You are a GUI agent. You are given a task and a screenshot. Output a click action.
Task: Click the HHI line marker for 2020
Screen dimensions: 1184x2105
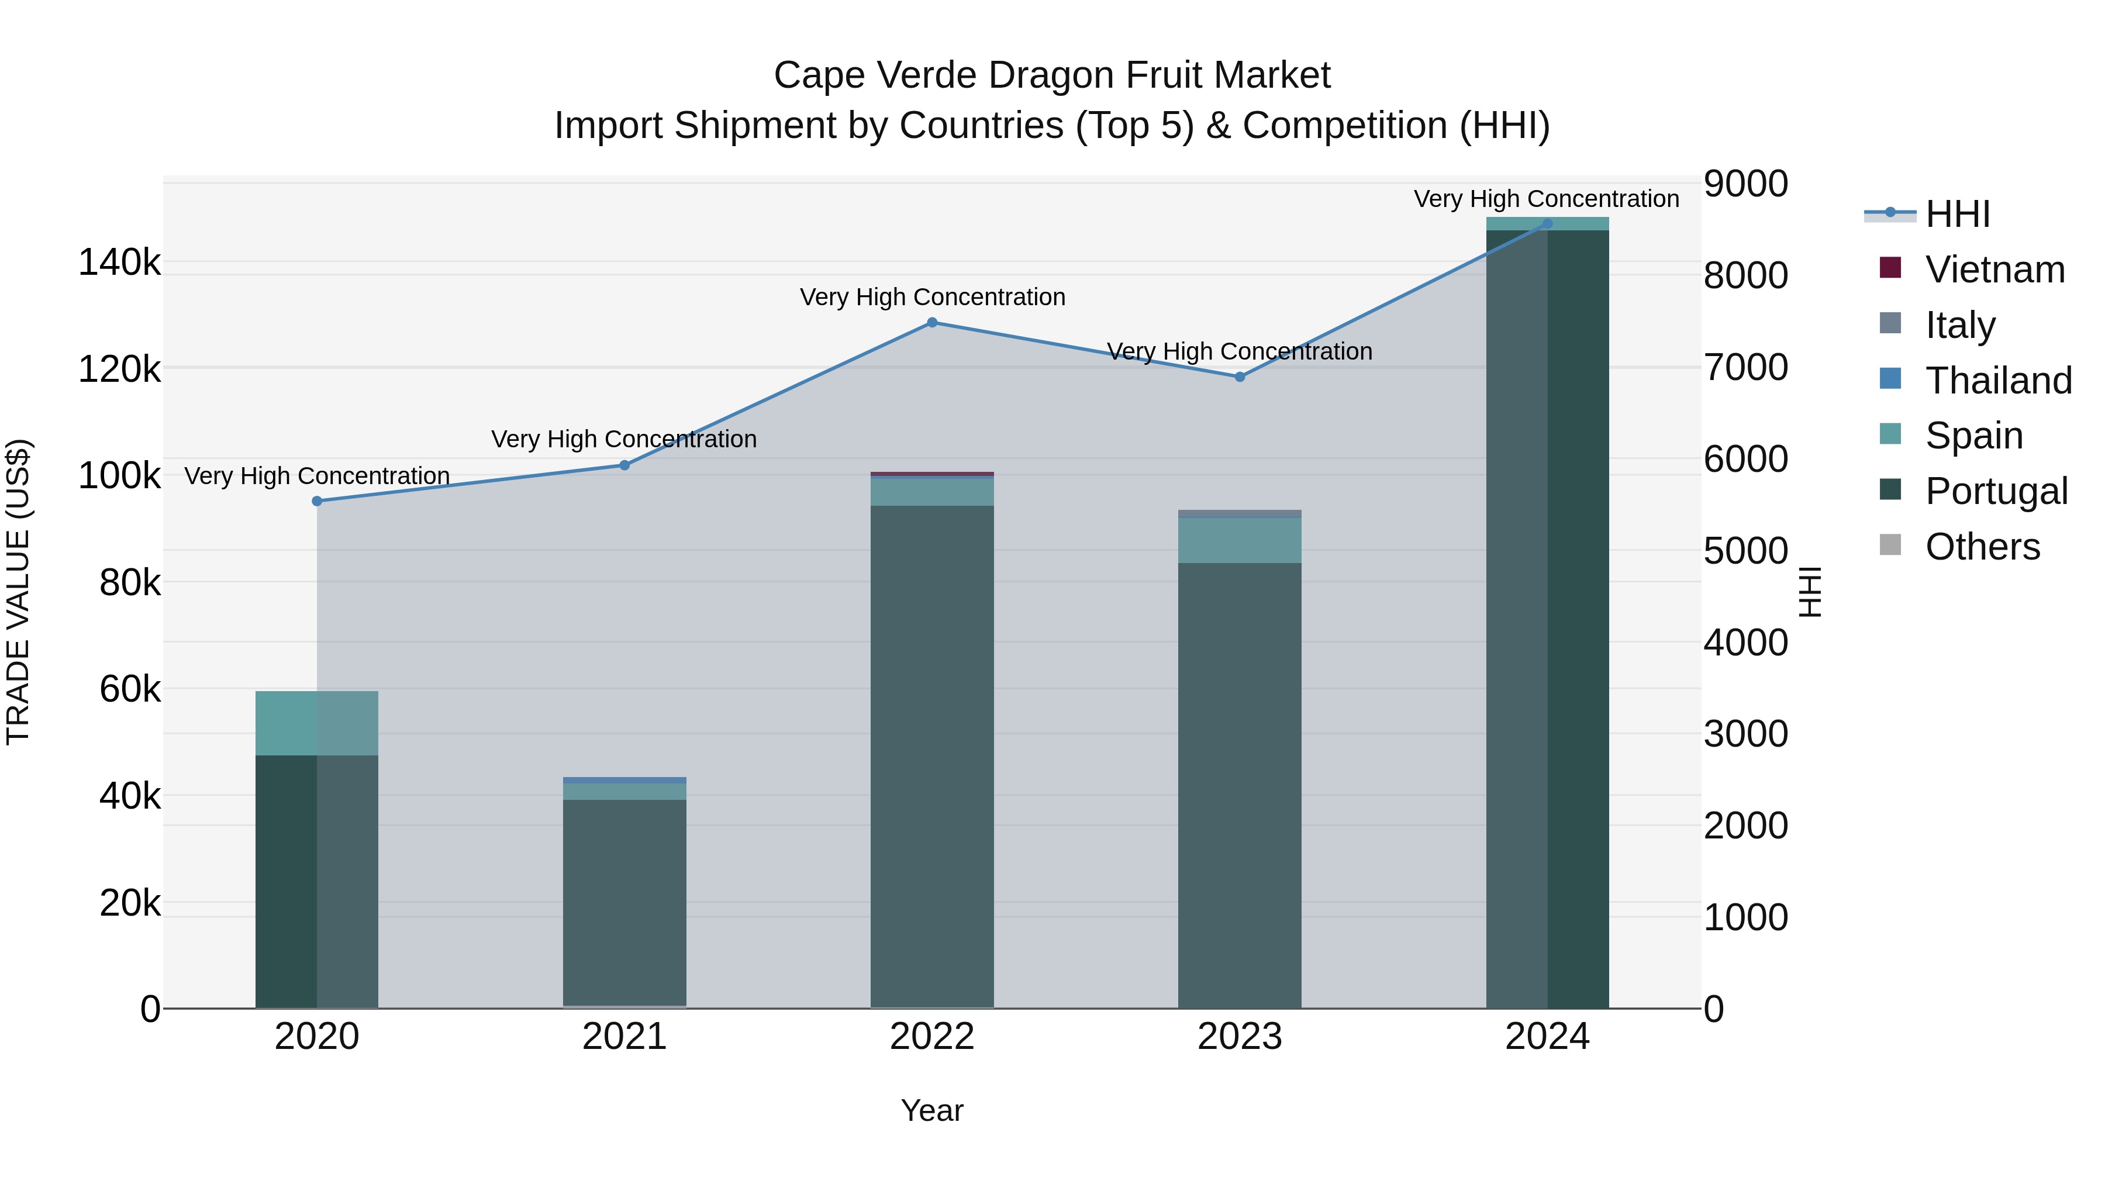[x=317, y=501]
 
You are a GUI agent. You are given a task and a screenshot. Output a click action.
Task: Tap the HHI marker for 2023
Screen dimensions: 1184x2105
[x=1239, y=377]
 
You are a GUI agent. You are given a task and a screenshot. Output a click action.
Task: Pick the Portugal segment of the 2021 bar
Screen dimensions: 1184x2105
[x=624, y=899]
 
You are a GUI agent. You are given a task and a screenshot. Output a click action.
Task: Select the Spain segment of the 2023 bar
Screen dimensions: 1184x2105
[x=1239, y=540]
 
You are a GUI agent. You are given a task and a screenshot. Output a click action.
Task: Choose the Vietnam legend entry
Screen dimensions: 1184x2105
[x=1994, y=270]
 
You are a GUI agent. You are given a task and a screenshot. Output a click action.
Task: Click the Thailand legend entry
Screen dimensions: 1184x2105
[x=1998, y=381]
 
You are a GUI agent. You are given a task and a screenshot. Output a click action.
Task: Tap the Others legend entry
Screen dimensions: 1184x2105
[x=1982, y=547]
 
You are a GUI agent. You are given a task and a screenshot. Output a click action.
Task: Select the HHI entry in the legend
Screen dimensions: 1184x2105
[x=1957, y=214]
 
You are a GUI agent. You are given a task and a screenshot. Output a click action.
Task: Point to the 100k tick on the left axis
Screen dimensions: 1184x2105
[x=119, y=475]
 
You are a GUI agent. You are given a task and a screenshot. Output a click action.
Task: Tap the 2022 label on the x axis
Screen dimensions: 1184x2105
[x=931, y=1037]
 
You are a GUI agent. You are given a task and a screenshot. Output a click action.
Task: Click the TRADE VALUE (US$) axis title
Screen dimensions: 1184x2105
[x=18, y=592]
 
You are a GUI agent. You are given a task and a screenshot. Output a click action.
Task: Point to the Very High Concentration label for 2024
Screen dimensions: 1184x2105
[x=1546, y=199]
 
